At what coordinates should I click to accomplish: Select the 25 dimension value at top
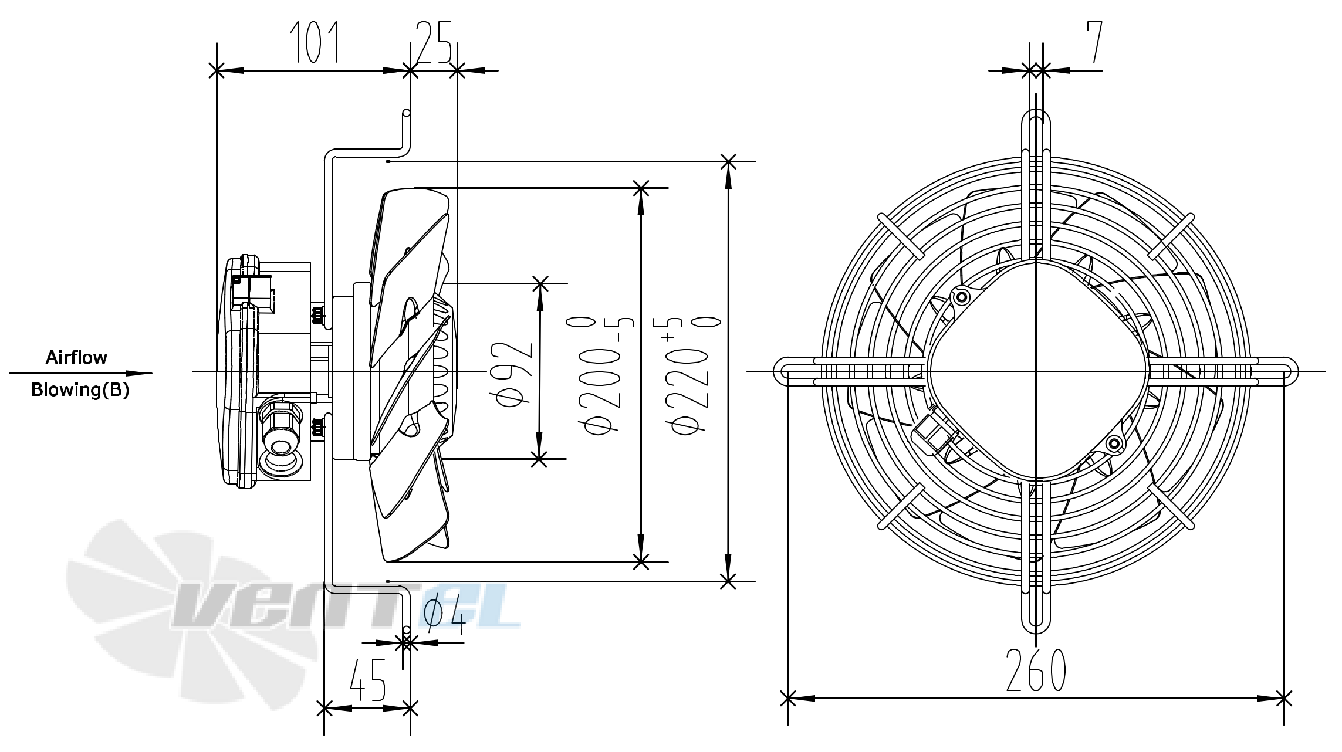coord(434,42)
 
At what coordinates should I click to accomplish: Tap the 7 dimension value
coord(1094,42)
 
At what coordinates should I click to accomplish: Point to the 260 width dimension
coord(1036,671)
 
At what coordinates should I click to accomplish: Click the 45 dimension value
coord(367,680)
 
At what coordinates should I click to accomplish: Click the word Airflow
coord(76,358)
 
